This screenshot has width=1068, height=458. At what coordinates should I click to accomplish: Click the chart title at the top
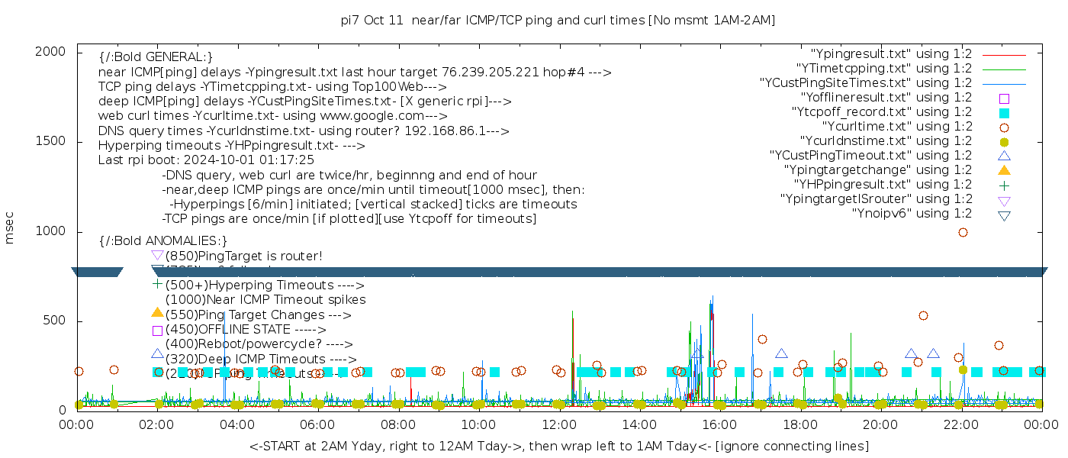[x=558, y=20]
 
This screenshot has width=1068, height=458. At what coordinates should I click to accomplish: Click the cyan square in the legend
[x=1004, y=113]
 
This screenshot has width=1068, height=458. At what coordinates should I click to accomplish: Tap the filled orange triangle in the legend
[x=1004, y=170]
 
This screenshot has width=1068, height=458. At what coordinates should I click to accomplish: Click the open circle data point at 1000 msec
[x=963, y=232]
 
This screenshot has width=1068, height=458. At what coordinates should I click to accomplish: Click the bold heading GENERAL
[x=156, y=57]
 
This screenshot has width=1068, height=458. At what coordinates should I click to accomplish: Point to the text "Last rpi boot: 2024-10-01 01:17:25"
[x=206, y=160]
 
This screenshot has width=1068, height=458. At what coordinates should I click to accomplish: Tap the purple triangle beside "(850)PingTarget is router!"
[x=157, y=256]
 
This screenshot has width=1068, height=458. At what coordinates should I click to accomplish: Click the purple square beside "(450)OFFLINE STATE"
[x=157, y=331]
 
